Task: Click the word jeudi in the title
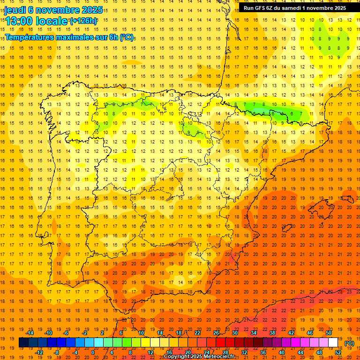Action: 15,10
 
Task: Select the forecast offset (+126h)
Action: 83,21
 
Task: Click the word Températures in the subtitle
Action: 32,37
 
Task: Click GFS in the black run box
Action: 262,7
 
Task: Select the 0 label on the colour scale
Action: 93,352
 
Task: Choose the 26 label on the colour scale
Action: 216,333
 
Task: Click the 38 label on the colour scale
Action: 272,333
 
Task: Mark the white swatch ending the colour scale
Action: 333,343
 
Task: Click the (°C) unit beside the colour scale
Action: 349,343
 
